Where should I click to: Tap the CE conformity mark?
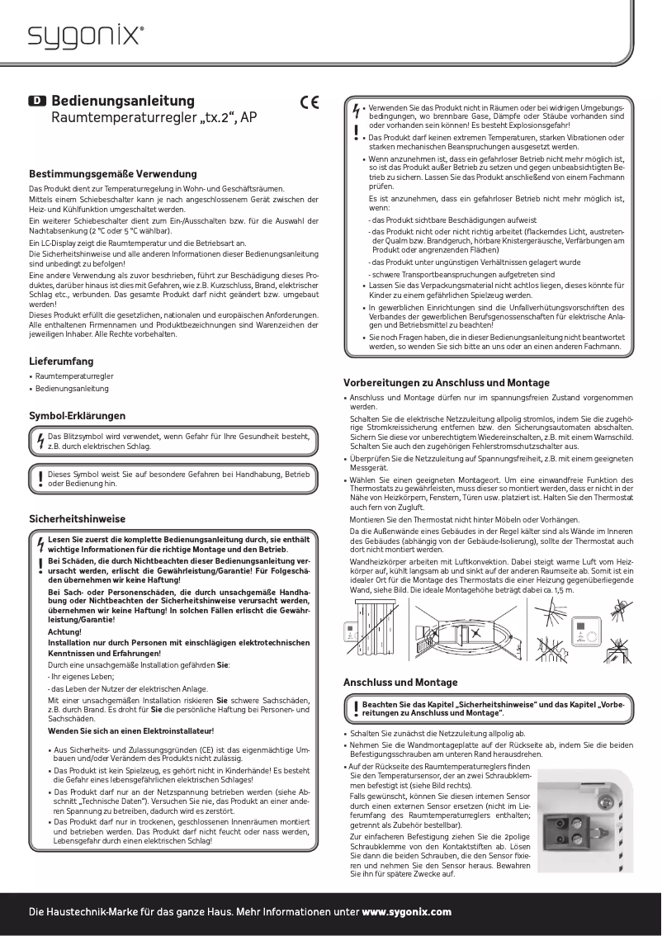tap(310, 103)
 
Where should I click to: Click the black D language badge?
tap(38, 101)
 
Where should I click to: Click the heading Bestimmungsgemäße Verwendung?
tap(113, 174)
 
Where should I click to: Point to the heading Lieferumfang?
tap(61, 362)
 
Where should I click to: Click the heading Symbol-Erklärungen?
tap(78, 415)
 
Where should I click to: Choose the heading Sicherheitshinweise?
tap(78, 519)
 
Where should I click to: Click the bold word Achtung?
tap(65, 631)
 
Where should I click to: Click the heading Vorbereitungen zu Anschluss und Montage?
tap(446, 383)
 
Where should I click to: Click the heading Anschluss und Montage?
tap(400, 683)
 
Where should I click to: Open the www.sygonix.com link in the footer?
tap(407, 912)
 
